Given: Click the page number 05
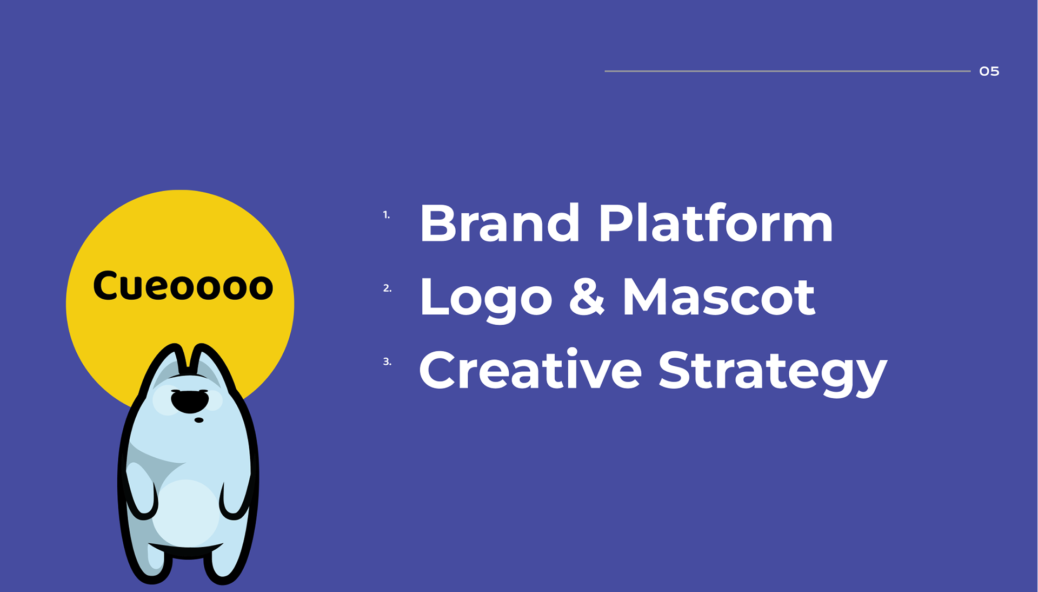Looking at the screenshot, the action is [x=989, y=71].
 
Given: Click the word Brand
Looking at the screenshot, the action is [x=500, y=222].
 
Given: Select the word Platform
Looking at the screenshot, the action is [x=715, y=222].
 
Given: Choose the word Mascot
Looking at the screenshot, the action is [x=718, y=296].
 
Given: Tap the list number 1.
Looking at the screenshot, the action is [x=386, y=215].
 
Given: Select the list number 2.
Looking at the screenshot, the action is [x=387, y=288].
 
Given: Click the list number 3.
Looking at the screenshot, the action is [x=387, y=361].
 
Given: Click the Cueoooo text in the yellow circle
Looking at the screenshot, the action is [x=183, y=285].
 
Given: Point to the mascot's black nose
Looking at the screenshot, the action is [x=189, y=401].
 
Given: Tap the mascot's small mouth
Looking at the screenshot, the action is [x=199, y=420].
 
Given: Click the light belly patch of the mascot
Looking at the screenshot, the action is [x=185, y=511].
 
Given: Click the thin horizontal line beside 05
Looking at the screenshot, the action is [x=788, y=71].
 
